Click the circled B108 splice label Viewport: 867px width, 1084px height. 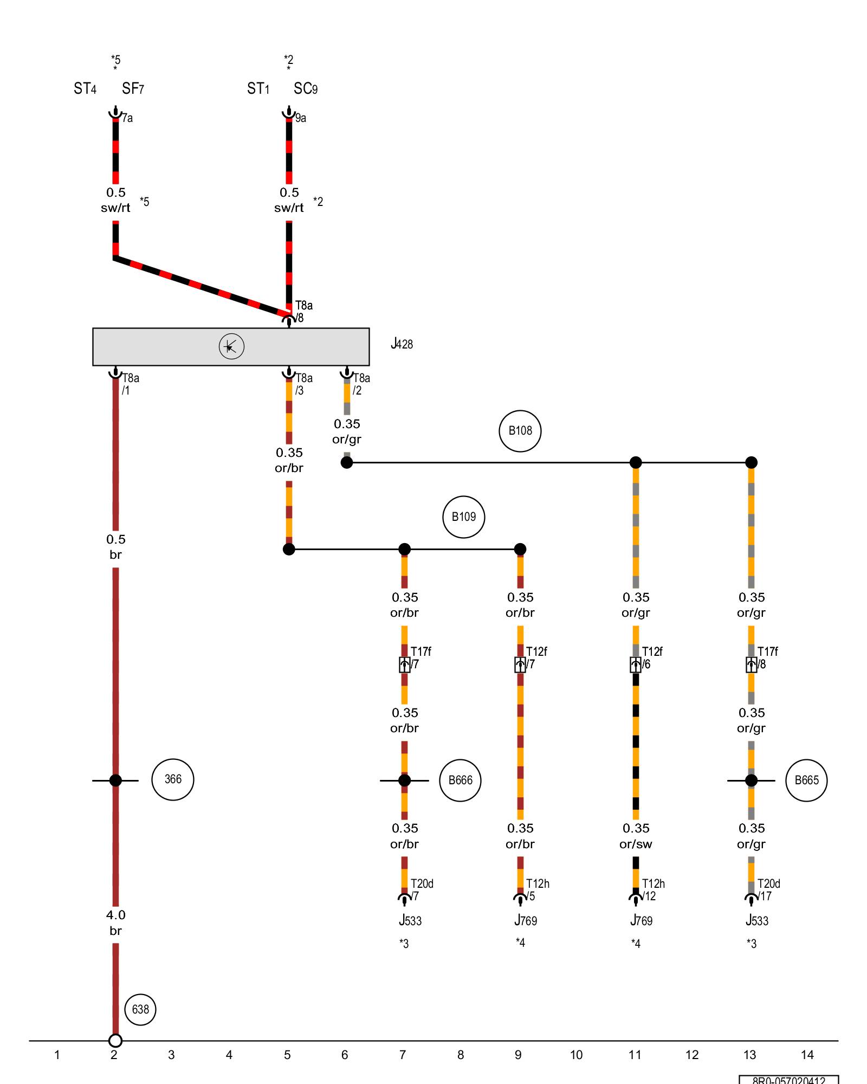[x=520, y=431]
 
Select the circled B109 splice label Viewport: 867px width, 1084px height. [x=463, y=517]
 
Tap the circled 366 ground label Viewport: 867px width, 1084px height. [x=173, y=779]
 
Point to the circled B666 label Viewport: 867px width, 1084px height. [x=460, y=780]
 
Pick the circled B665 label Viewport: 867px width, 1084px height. [x=806, y=780]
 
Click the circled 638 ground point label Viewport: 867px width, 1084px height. [x=140, y=1009]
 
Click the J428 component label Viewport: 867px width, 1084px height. [x=402, y=344]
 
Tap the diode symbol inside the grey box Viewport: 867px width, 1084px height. [x=231, y=346]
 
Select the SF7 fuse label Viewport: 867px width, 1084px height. [x=133, y=89]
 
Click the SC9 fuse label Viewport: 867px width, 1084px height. [x=306, y=89]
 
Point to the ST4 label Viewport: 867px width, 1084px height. [x=85, y=89]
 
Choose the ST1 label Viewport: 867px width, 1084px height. [x=258, y=89]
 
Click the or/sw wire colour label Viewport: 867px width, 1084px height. [x=636, y=844]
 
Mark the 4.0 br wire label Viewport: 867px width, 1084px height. [x=115, y=922]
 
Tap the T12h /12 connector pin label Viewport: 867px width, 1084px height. [x=652, y=890]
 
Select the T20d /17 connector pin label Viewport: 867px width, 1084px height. [x=768, y=890]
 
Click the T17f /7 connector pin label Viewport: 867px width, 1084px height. [x=420, y=657]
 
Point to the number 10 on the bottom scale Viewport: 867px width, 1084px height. [x=576, y=1055]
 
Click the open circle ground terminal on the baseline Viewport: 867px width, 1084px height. [x=115, y=1041]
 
